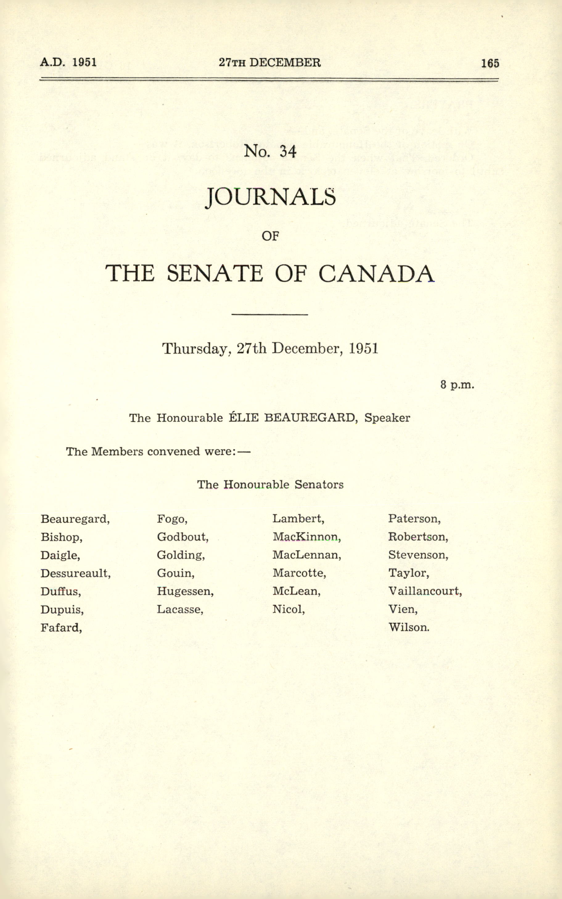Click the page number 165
pyautogui.click(x=490, y=63)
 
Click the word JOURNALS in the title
pyautogui.click(x=271, y=197)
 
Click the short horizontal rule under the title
pyautogui.click(x=269, y=315)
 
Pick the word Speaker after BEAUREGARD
pyautogui.click(x=387, y=418)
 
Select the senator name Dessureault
pyautogui.click(x=75, y=573)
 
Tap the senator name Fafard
pyautogui.click(x=61, y=627)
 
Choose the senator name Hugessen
pyautogui.click(x=185, y=591)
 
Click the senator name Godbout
pyautogui.click(x=182, y=537)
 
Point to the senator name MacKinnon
pyautogui.click(x=306, y=537)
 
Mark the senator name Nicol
pyautogui.click(x=288, y=609)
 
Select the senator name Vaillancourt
pyautogui.click(x=425, y=591)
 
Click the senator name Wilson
pyautogui.click(x=408, y=627)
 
